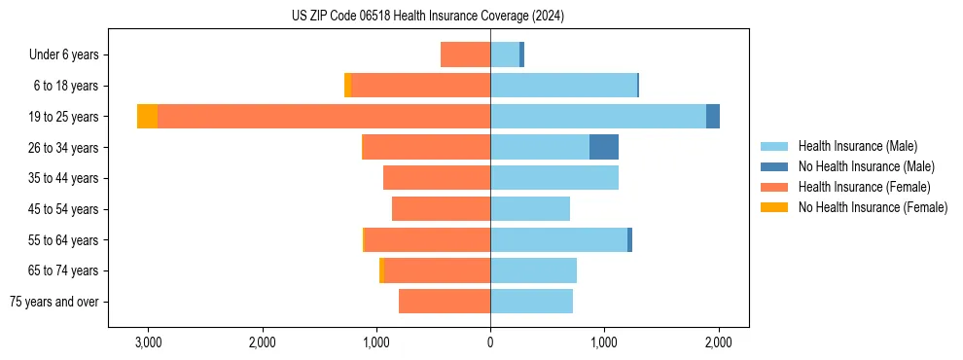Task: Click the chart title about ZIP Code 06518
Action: point(427,17)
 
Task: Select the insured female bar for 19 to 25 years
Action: point(324,117)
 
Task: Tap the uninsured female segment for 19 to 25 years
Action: point(147,117)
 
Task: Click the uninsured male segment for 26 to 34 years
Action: point(604,147)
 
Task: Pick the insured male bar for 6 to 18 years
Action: point(563,86)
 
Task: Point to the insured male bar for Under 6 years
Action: point(505,54)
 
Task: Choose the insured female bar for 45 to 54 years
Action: point(441,209)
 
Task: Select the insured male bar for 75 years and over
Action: point(531,302)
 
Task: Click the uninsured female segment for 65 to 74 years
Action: point(381,270)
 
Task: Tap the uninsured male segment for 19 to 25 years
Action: point(713,117)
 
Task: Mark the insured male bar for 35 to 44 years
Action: point(554,178)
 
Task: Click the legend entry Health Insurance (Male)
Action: point(857,146)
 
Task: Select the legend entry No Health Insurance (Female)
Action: point(873,207)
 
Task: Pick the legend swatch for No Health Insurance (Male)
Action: point(774,166)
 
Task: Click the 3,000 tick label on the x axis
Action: point(148,342)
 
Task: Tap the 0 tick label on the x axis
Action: point(490,342)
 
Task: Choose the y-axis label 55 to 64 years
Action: point(63,240)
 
